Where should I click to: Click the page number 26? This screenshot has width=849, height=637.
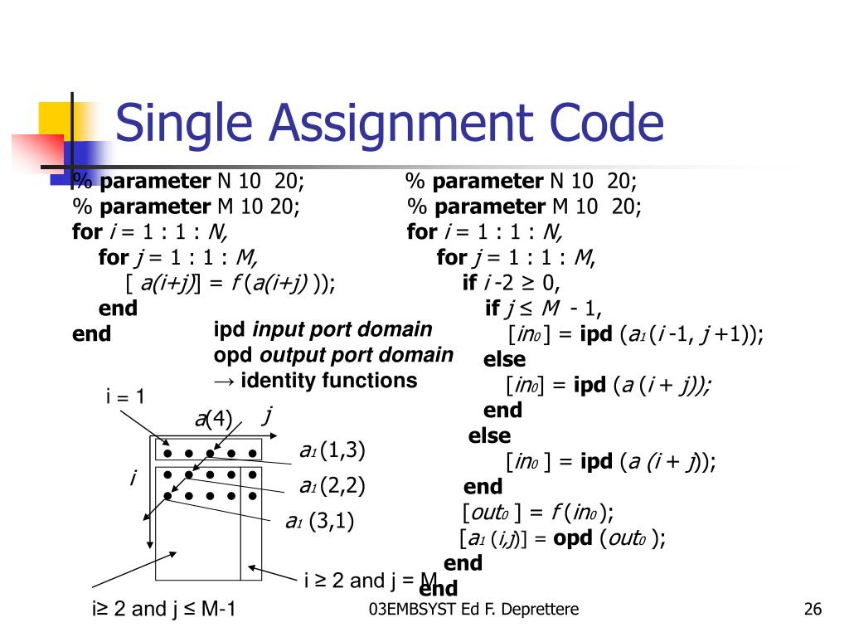(x=813, y=610)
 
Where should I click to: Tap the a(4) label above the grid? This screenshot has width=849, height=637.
(x=213, y=418)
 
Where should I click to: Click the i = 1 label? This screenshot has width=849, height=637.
(x=125, y=396)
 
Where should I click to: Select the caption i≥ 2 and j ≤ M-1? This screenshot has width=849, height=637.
(x=164, y=610)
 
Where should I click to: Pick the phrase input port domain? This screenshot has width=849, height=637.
(x=342, y=329)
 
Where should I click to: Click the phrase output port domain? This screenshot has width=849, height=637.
(x=357, y=355)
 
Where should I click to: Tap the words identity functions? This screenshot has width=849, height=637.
(x=328, y=381)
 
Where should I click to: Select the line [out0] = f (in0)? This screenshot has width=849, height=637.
(x=537, y=512)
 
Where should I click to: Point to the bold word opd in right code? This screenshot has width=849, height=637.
(x=572, y=537)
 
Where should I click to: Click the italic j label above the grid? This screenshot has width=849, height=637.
(x=267, y=414)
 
